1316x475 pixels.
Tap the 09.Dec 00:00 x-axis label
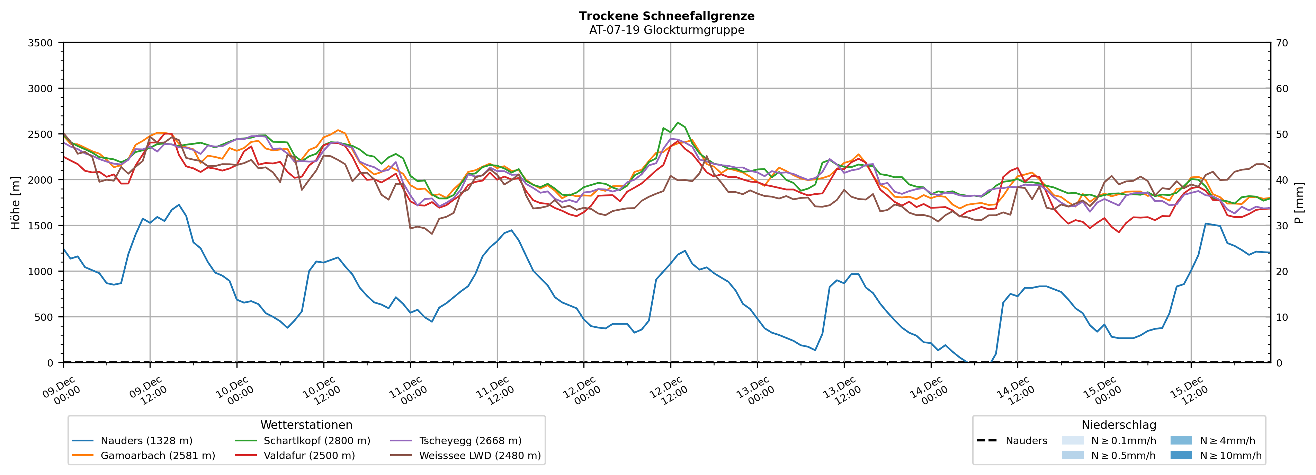(x=62, y=391)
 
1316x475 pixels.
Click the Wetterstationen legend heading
(x=306, y=425)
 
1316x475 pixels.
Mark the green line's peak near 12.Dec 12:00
(x=678, y=123)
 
